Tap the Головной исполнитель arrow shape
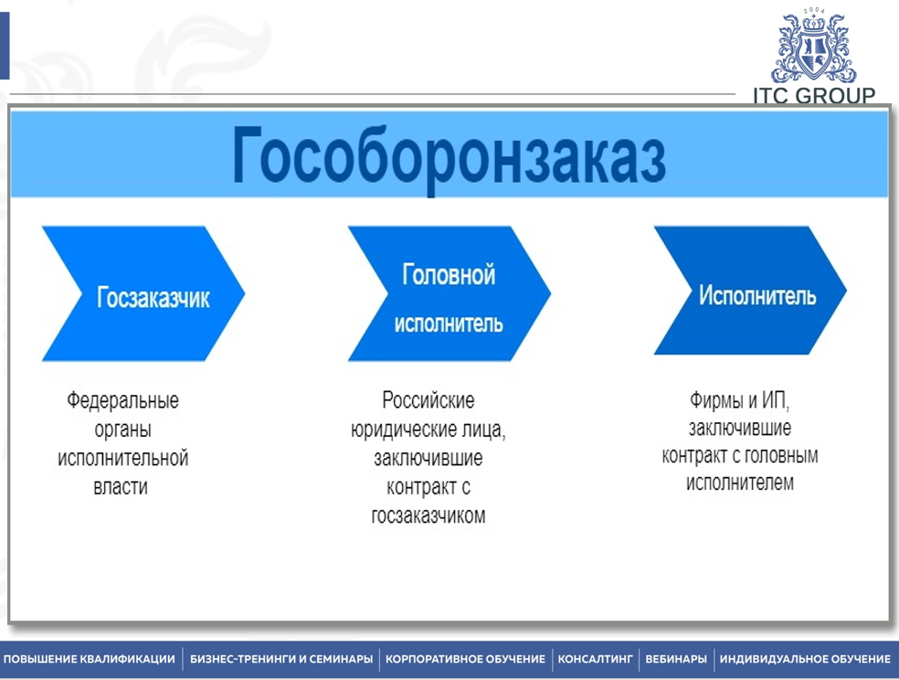[x=449, y=295]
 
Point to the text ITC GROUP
[x=814, y=95]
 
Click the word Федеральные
[x=122, y=400]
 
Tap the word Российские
[x=428, y=400]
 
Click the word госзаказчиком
[x=428, y=515]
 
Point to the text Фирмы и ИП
[x=738, y=400]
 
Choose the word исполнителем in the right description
[x=740, y=483]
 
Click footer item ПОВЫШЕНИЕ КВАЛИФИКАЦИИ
[x=90, y=659]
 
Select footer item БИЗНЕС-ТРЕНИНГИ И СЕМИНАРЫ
[x=281, y=659]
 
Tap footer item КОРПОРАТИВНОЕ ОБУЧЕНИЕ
[x=465, y=659]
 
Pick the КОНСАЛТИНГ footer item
[x=595, y=659]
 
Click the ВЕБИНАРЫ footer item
[x=676, y=659]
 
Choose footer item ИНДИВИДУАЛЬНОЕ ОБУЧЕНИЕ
[x=805, y=659]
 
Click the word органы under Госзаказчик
[x=122, y=430]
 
